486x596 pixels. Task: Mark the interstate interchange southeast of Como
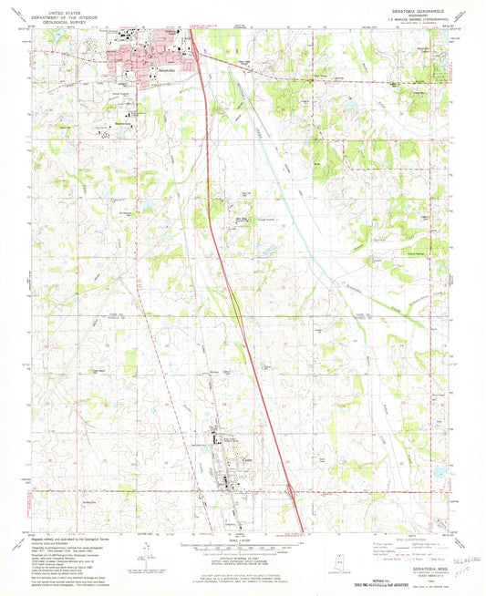click(x=291, y=491)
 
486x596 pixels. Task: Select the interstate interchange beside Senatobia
click(x=193, y=41)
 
